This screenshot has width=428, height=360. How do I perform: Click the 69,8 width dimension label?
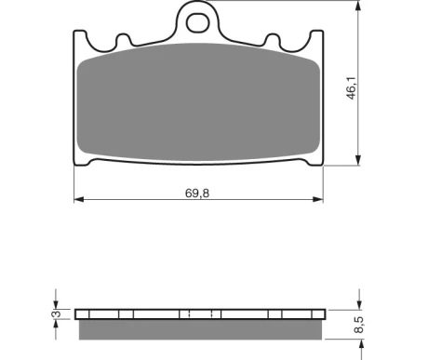(197, 193)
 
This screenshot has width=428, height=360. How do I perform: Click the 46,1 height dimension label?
(352, 88)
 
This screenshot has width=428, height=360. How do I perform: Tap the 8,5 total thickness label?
(359, 325)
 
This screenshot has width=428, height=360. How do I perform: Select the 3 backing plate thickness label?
(57, 313)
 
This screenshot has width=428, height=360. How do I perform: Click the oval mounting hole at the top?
(197, 22)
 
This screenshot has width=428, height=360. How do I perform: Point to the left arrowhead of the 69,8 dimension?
(79, 199)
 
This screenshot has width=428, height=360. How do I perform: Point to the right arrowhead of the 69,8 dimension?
(318, 199)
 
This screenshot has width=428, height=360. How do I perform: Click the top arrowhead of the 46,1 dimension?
(358, 6)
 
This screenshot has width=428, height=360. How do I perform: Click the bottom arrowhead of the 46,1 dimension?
(358, 160)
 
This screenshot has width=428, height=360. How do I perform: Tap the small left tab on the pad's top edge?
(124, 40)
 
